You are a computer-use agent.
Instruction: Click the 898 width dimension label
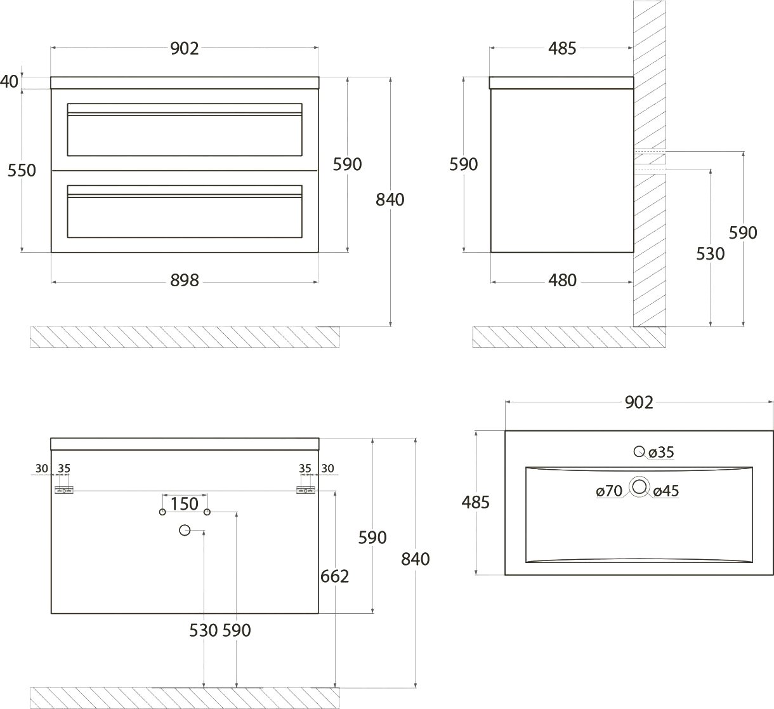click(185, 280)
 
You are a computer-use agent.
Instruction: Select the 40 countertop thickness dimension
click(10, 82)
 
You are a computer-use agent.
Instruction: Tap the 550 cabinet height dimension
click(22, 170)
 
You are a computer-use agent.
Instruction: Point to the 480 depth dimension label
click(562, 280)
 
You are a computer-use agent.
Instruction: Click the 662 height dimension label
click(335, 576)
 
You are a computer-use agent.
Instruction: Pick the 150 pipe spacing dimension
click(185, 504)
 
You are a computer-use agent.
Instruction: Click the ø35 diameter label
click(661, 452)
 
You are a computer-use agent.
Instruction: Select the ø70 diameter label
click(609, 491)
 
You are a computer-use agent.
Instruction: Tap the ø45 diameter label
click(666, 491)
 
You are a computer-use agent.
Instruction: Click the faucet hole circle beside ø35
click(639, 451)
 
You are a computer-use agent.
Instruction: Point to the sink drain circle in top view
click(639, 487)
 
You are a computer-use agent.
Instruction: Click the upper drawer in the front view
click(185, 129)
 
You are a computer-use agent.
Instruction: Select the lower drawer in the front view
click(185, 211)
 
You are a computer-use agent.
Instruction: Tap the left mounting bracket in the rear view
click(64, 490)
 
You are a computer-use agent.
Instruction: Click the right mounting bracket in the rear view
click(305, 490)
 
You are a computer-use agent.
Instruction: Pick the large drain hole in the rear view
click(185, 530)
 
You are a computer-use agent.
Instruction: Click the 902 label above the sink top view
click(638, 402)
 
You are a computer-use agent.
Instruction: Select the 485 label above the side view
click(562, 48)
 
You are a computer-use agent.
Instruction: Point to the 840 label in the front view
click(390, 199)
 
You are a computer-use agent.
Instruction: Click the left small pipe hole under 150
click(162, 512)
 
